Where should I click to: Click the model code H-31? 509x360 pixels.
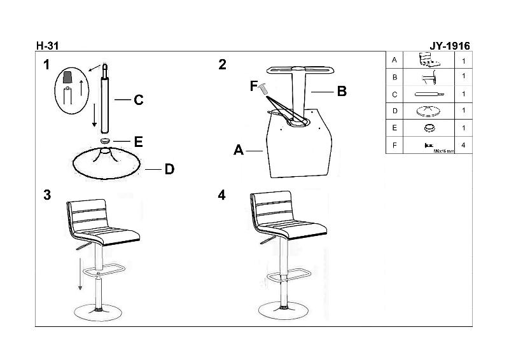click(47, 46)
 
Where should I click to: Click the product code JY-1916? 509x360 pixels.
click(450, 46)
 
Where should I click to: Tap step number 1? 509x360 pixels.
click(46, 65)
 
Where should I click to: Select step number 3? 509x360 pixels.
click(47, 195)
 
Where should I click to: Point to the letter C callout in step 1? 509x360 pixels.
click(139, 100)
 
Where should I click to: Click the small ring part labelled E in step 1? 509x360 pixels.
click(105, 141)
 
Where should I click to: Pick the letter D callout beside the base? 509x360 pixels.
click(169, 169)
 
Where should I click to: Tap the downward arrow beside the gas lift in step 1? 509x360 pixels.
click(94, 115)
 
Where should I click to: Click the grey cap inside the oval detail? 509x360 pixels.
click(67, 76)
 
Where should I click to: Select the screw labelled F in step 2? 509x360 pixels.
click(263, 88)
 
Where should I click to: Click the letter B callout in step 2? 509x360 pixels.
click(342, 91)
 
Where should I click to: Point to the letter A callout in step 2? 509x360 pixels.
click(238, 150)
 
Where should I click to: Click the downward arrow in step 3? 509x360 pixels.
click(80, 274)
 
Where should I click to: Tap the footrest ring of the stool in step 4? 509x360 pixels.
click(288, 275)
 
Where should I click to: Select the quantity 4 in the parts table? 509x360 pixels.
click(463, 145)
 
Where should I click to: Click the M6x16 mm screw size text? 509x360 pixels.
click(443, 151)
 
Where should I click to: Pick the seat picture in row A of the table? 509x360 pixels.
click(429, 60)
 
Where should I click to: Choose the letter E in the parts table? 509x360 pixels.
click(394, 128)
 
